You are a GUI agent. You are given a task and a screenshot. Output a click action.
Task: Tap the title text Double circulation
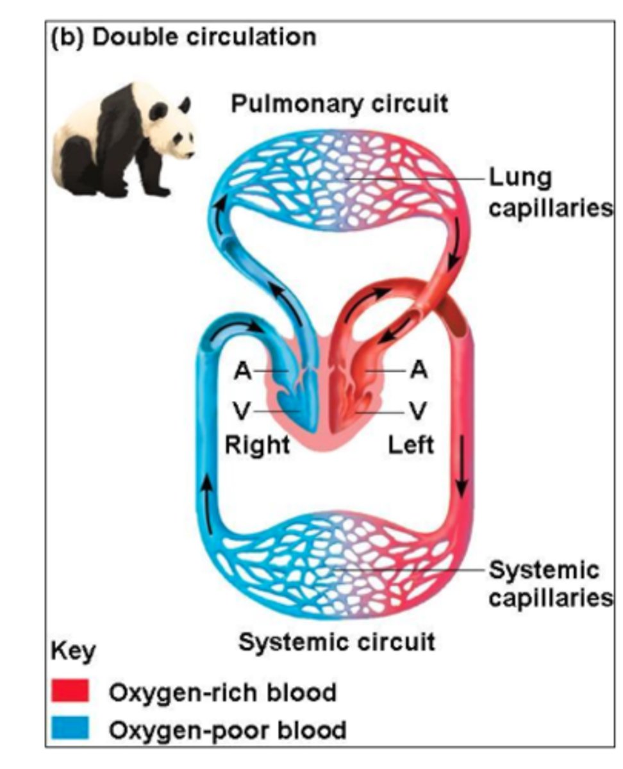[204, 37]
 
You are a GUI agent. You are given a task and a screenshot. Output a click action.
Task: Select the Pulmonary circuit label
[339, 104]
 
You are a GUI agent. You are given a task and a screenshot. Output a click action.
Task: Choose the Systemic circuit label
[337, 641]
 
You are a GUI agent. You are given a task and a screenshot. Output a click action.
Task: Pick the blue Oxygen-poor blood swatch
[71, 729]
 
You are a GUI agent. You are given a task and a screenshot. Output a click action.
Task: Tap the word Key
[72, 653]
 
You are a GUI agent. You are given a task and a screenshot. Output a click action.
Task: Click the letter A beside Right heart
[242, 371]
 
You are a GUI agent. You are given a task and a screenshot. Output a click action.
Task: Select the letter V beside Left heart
[417, 410]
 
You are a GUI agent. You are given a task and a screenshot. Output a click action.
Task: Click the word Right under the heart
[256, 443]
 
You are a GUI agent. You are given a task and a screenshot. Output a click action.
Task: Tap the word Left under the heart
[410, 443]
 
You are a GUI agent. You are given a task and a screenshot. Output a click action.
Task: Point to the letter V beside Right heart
[242, 411]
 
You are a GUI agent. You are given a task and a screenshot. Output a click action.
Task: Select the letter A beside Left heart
[418, 370]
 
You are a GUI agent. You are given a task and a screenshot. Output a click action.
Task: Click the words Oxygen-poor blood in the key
[228, 729]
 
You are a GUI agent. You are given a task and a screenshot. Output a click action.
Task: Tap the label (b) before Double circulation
[68, 37]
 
